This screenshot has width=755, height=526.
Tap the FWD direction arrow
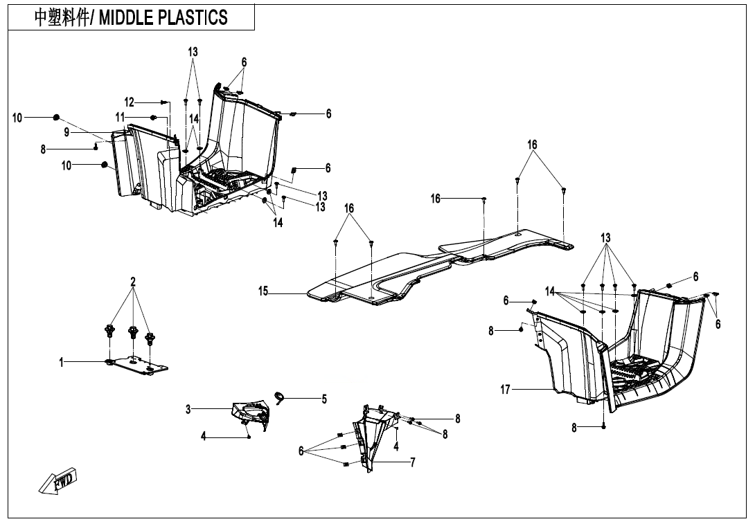(x=59, y=481)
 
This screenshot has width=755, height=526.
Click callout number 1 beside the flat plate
(x=61, y=361)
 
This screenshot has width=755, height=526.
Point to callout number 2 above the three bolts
(x=133, y=282)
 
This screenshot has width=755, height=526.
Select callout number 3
(x=188, y=409)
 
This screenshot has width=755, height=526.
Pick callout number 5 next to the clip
(x=323, y=399)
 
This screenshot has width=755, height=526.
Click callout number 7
(x=413, y=462)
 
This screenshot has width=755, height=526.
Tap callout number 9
(x=66, y=132)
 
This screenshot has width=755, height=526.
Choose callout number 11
(x=120, y=117)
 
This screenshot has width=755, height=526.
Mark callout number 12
(x=129, y=102)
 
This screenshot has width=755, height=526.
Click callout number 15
(x=263, y=292)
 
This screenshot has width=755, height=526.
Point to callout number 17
(x=506, y=390)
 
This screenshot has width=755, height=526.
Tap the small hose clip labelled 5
(x=281, y=397)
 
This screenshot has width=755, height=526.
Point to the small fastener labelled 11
(x=153, y=118)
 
